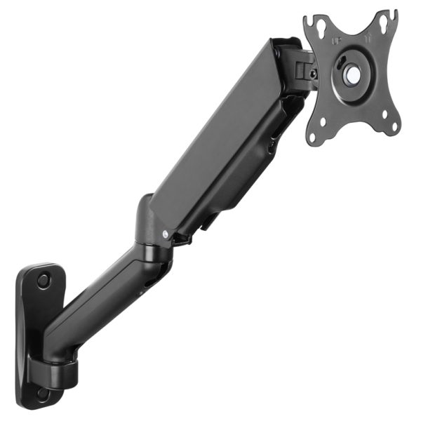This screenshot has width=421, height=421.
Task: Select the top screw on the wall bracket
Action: pyautogui.click(x=44, y=280)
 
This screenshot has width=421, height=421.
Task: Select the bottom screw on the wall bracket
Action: pyautogui.click(x=43, y=394)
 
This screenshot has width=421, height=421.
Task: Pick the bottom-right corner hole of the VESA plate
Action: pyautogui.click(x=394, y=126)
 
